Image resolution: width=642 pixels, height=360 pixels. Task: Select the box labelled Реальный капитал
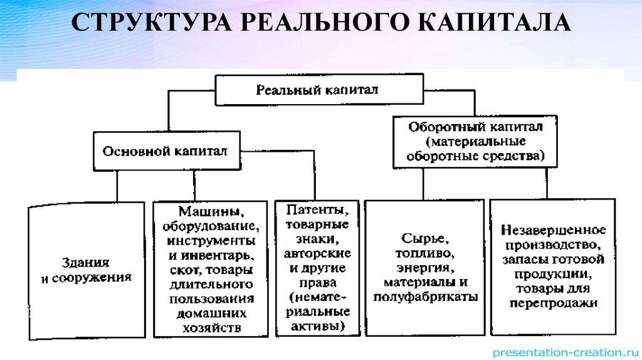[317, 90]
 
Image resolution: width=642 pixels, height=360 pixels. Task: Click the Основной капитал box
[166, 151]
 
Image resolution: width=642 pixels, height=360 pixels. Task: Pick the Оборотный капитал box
[475, 141]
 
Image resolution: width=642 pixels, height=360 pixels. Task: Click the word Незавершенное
[552, 229]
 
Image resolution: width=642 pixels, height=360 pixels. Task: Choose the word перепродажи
[553, 302]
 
